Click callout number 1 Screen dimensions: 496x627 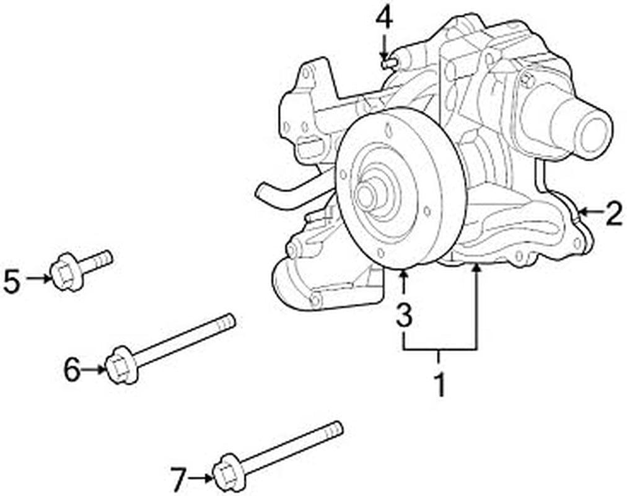tap(439, 384)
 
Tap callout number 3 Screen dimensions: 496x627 tap(403, 315)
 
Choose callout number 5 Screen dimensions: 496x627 tap(12, 281)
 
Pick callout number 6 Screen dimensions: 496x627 tap(72, 370)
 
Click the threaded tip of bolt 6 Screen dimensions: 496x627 tap(227, 322)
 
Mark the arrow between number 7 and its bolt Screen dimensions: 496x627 tap(200, 477)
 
